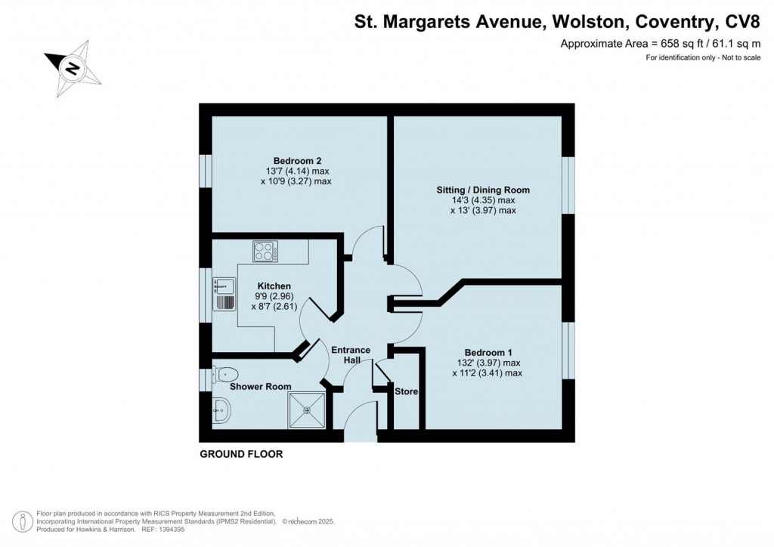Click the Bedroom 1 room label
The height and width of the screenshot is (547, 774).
(x=488, y=353)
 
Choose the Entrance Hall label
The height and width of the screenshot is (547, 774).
(x=351, y=355)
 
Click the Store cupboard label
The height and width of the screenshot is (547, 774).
(x=406, y=391)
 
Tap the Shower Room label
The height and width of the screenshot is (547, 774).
(x=261, y=386)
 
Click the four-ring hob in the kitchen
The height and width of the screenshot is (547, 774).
(x=265, y=251)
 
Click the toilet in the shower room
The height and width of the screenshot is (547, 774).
(x=226, y=375)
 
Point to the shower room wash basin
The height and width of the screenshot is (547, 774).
(x=221, y=410)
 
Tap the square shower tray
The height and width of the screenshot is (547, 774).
(x=307, y=410)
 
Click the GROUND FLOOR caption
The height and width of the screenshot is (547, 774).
(x=240, y=454)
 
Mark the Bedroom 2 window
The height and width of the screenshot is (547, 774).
(x=205, y=169)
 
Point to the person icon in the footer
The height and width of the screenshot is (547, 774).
(x=25, y=521)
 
